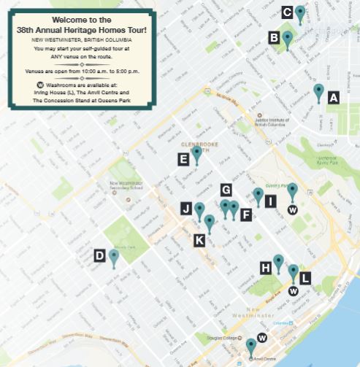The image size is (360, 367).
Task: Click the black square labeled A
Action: click(334, 97)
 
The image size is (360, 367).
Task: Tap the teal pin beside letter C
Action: click(299, 12)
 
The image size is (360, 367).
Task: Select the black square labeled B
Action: click(274, 37)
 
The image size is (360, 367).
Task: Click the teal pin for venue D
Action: click(114, 257)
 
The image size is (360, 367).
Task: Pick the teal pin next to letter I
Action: click(258, 195)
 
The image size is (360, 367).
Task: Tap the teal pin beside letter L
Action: click(294, 271)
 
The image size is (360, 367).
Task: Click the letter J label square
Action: click(186, 209)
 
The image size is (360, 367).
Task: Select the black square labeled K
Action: click(199, 239)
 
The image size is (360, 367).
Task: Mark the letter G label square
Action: click(226, 189)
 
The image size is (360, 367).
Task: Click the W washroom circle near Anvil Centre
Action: click(262, 339)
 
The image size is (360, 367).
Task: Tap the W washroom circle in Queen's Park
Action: click(292, 210)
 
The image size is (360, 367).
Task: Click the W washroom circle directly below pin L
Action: click(293, 290)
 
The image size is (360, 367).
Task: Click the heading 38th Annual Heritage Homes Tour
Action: click(80, 30)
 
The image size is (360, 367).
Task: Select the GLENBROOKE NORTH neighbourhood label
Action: click(194, 140)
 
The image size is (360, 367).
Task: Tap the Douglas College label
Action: click(228, 339)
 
